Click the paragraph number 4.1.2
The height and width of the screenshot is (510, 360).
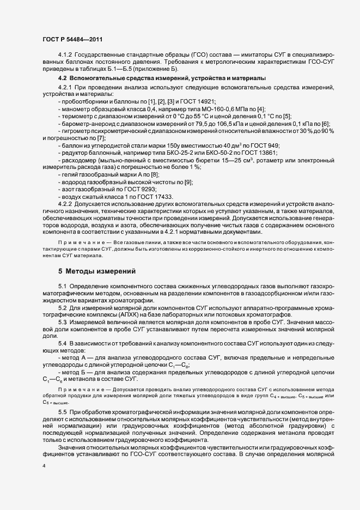65,57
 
